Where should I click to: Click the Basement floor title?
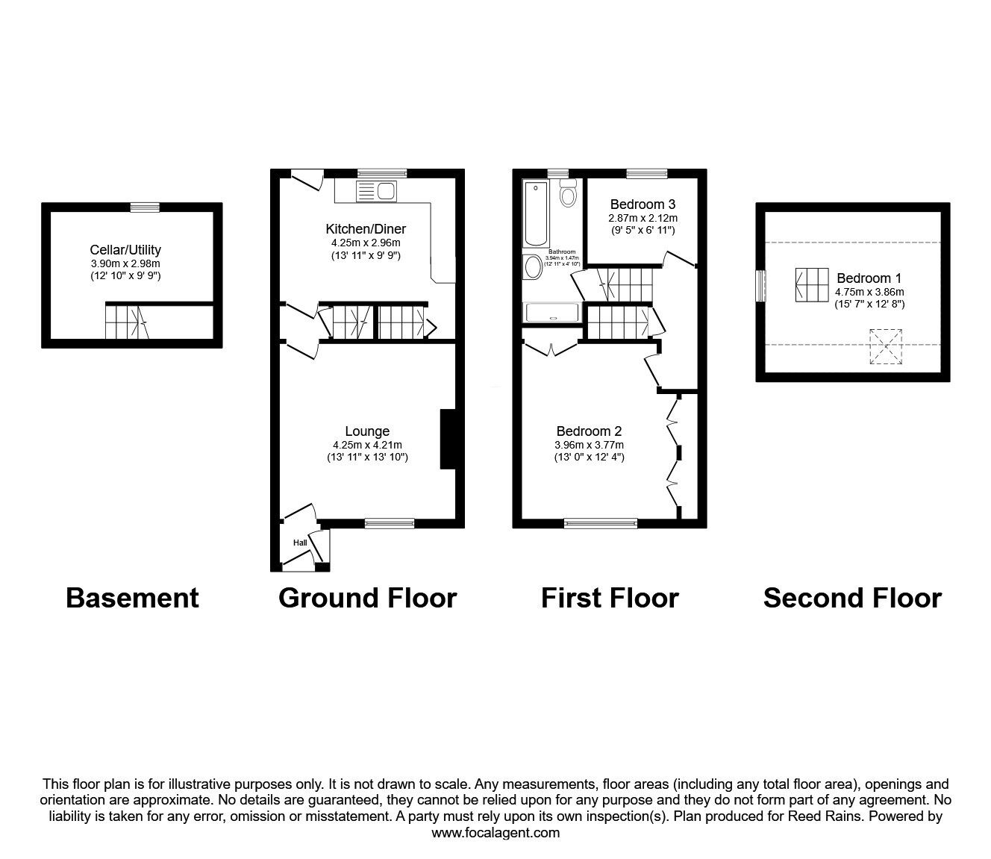pos(132,598)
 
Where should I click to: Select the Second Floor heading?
pos(852,598)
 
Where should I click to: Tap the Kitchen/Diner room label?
pos(366,229)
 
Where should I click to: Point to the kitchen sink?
pos(376,192)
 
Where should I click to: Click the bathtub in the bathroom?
pos(536,213)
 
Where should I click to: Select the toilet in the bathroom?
pos(569,194)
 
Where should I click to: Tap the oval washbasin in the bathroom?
pos(534,266)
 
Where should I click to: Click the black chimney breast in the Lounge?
pos(448,439)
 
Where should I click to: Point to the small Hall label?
pos(300,543)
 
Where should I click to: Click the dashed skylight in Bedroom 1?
pos(886,347)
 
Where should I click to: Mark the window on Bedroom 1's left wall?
pos(760,286)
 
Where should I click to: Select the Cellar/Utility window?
pos(144,207)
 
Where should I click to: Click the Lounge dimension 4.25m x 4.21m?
pos(367,445)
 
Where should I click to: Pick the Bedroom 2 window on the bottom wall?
pos(601,524)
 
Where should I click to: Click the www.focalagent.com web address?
pos(495,833)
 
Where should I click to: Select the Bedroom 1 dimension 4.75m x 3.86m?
pos(869,292)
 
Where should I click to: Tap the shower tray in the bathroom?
pos(553,313)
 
